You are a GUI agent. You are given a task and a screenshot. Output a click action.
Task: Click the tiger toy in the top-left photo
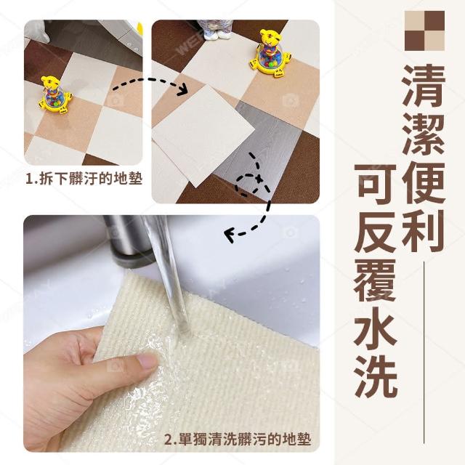[55, 95]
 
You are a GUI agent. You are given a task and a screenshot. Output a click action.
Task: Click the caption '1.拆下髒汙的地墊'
[84, 179]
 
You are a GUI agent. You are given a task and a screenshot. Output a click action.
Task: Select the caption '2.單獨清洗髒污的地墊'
[238, 439]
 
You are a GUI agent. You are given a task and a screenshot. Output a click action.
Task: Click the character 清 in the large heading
[424, 86]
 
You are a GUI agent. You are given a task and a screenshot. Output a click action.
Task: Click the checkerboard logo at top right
[424, 31]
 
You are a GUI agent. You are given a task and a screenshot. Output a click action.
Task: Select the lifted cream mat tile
[203, 136]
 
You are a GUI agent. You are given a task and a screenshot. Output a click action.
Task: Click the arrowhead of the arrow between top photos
[182, 89]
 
